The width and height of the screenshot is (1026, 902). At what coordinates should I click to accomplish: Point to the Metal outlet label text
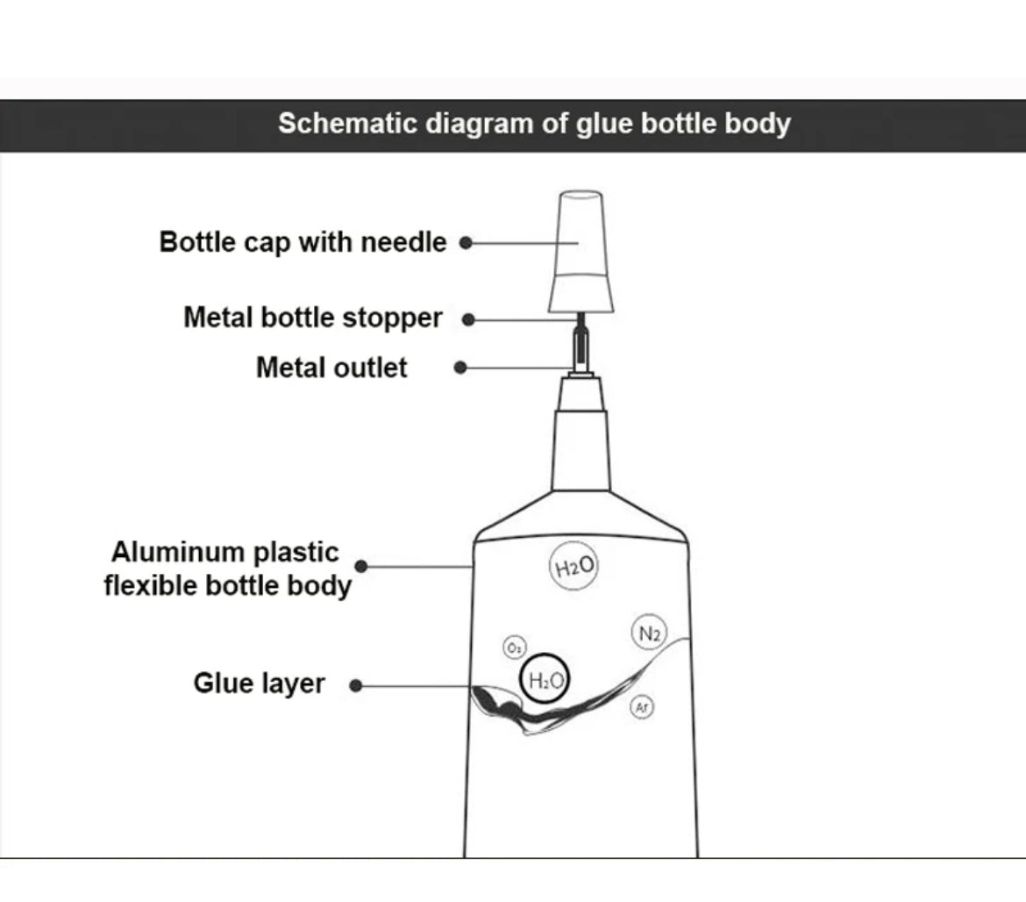pyautogui.click(x=331, y=367)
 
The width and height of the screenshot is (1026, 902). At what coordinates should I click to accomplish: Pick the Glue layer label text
pyautogui.click(x=259, y=683)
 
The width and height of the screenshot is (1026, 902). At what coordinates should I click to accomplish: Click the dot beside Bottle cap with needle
pyautogui.click(x=466, y=242)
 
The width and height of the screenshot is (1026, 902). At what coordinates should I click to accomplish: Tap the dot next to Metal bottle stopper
pyautogui.click(x=468, y=319)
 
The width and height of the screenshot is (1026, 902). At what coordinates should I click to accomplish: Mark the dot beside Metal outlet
pyautogui.click(x=460, y=368)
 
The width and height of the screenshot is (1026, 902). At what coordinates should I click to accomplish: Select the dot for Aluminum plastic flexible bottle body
pyautogui.click(x=360, y=567)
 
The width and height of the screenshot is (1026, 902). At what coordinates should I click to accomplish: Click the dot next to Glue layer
pyautogui.click(x=355, y=684)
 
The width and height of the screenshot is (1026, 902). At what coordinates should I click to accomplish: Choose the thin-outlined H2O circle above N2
pyautogui.click(x=574, y=567)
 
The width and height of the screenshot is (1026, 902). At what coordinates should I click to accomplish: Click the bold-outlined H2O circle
pyautogui.click(x=545, y=679)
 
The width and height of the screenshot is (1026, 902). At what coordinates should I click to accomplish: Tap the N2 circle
pyautogui.click(x=649, y=633)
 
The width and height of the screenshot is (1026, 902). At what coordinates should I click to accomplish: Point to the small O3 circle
pyautogui.click(x=514, y=648)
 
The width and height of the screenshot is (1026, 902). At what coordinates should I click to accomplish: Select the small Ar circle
pyautogui.click(x=642, y=706)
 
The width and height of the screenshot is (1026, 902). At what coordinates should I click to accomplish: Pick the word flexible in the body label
pyautogui.click(x=150, y=585)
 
